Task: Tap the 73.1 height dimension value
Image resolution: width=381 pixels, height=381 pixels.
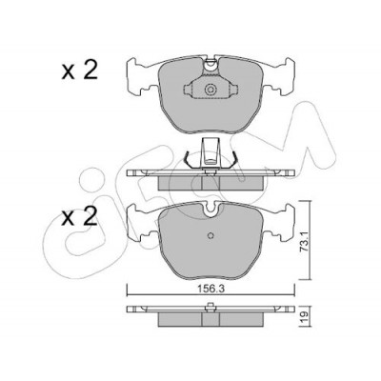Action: (305, 242)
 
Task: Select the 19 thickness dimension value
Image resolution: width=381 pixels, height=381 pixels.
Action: (305, 316)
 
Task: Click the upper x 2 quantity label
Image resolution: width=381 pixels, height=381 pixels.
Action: (80, 70)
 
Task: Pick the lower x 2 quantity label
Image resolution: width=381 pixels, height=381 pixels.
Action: (80, 217)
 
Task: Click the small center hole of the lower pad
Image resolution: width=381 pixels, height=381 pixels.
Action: (211, 235)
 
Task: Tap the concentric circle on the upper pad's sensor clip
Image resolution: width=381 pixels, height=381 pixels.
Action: (211, 90)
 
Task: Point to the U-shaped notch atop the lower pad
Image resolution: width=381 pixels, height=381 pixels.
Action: (211, 211)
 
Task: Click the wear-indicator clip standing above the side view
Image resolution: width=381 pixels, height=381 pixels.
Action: (210, 152)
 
